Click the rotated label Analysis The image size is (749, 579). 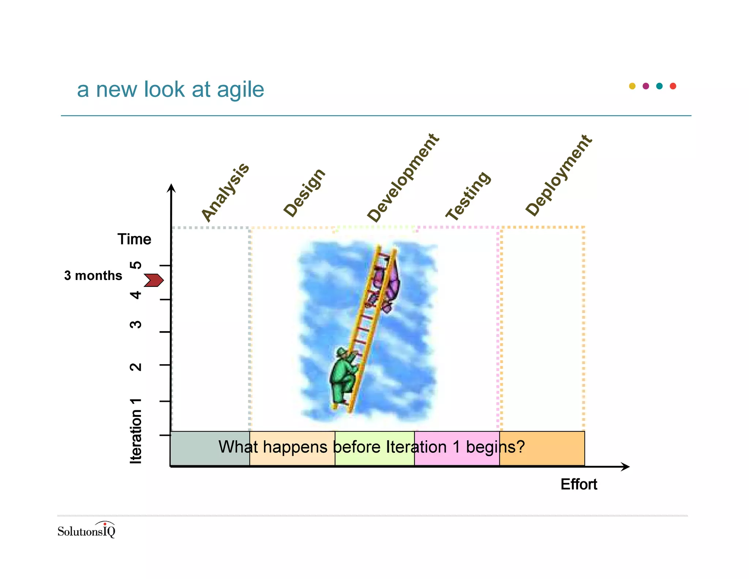[225, 193]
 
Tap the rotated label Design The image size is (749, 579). [304, 193]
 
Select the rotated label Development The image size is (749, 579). [403, 178]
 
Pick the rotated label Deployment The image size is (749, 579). [558, 175]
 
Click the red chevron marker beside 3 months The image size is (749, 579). [154, 280]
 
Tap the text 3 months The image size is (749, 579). [93, 276]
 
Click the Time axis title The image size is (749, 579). [134, 239]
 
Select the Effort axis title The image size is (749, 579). [579, 484]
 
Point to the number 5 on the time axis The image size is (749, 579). [136, 265]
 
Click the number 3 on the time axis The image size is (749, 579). [136, 324]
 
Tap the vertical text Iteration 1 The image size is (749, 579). [136, 431]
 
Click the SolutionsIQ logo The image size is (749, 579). [86, 530]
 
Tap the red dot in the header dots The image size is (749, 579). [673, 86]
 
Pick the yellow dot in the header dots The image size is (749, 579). [632, 86]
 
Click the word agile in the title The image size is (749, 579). [240, 89]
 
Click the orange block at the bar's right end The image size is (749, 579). [542, 448]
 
